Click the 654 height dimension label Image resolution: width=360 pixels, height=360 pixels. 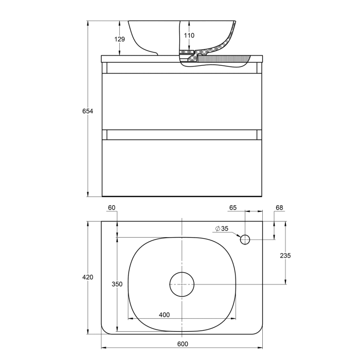87,111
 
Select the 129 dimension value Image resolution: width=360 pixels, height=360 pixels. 119,39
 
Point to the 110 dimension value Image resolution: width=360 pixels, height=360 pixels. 189,35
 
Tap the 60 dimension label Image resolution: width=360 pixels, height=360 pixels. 112,208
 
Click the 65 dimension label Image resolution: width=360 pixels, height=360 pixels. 232,208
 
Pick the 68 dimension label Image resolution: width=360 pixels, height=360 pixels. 279,208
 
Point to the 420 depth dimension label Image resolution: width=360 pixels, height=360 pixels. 87,277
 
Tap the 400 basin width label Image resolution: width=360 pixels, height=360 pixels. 164,314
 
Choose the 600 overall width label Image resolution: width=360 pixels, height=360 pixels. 183,344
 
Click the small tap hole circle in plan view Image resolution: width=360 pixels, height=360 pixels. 245,239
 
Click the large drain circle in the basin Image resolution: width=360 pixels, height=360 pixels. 182,284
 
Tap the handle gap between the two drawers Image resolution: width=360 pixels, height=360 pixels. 182,135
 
